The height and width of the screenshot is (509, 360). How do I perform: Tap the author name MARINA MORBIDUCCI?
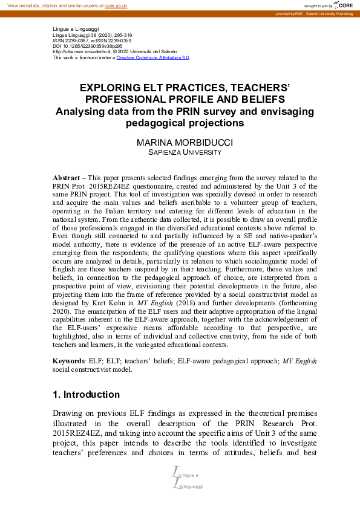[x=180, y=143]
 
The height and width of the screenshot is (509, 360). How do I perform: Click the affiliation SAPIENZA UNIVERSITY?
[x=180, y=153]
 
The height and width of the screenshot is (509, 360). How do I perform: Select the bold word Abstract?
[x=66, y=178]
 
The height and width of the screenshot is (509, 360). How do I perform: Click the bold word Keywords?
[x=70, y=361]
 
